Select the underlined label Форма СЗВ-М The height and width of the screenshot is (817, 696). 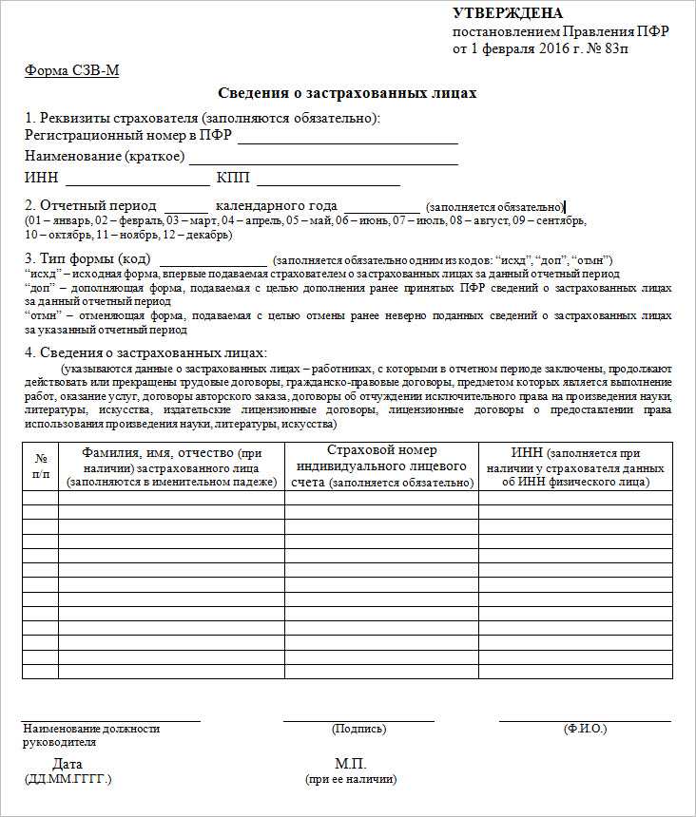point(71,71)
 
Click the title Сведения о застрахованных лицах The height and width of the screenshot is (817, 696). point(347,93)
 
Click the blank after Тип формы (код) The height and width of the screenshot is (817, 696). point(214,259)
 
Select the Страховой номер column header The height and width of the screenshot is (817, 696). point(381,466)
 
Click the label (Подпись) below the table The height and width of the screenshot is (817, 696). point(358,730)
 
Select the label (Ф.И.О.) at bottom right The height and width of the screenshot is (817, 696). point(585,730)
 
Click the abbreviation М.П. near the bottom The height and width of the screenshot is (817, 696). point(350,765)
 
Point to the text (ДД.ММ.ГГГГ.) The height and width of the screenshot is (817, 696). point(68,779)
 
